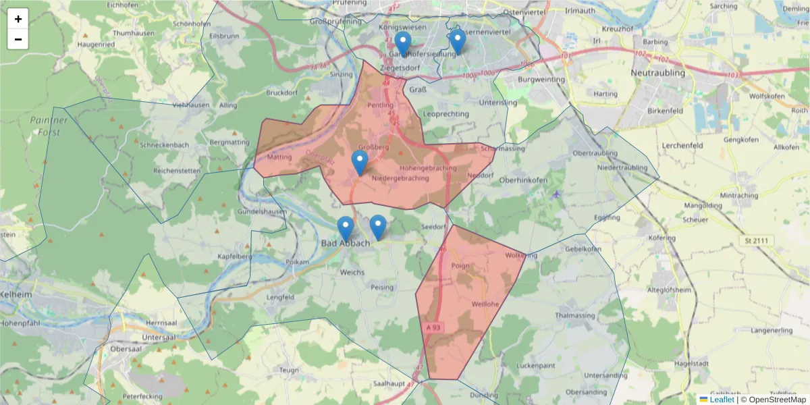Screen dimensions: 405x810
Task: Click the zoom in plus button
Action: pos(18,19)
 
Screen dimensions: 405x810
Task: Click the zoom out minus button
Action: pos(18,39)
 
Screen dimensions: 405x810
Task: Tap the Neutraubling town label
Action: pos(657,72)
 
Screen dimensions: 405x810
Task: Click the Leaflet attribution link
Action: pos(722,400)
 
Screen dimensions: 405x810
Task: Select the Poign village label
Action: pos(460,266)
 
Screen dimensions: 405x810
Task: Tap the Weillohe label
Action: pos(485,304)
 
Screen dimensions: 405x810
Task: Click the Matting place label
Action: pos(279,157)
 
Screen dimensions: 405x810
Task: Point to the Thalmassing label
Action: pos(575,315)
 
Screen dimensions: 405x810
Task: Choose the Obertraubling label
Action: pos(595,153)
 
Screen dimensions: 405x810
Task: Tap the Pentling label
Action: pos(380,106)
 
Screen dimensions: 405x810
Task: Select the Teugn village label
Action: pos(288,370)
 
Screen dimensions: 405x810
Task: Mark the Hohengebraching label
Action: pos(428,167)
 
